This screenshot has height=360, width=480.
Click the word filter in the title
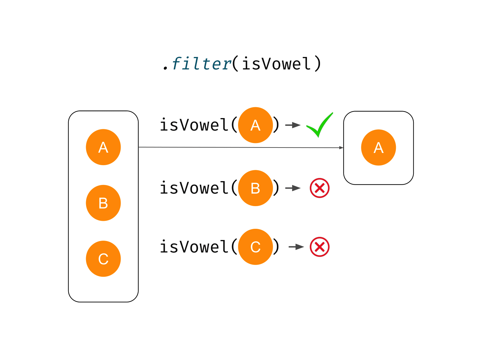click(x=201, y=64)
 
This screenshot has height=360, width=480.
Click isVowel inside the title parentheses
click(x=276, y=64)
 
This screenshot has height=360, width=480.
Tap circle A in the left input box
click(x=103, y=147)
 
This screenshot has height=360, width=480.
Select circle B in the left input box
click(x=103, y=203)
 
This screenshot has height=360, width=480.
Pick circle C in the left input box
click(x=103, y=259)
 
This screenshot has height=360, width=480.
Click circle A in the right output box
click(x=379, y=148)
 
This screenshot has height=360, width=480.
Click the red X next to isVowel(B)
click(x=320, y=188)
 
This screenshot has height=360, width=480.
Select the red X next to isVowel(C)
click(x=320, y=247)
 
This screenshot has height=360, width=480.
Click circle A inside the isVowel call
click(x=255, y=125)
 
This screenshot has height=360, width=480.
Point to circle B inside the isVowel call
click(x=255, y=188)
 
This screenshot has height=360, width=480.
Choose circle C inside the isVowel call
click(x=255, y=247)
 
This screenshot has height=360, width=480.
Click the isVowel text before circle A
click(x=194, y=125)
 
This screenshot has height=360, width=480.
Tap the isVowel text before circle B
click(x=194, y=188)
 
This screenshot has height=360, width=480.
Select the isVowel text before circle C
click(x=194, y=247)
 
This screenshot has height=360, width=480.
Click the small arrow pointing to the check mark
click(x=293, y=125)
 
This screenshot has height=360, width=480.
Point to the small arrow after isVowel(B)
click(x=293, y=188)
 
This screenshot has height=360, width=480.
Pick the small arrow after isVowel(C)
click(x=296, y=247)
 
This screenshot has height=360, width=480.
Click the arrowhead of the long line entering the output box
click(x=341, y=148)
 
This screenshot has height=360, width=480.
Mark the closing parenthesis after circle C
click(x=276, y=247)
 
